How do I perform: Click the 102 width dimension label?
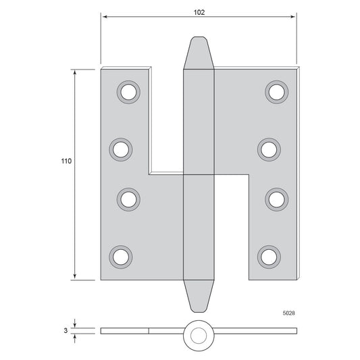click(x=199, y=12)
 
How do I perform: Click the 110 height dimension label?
click(x=66, y=161)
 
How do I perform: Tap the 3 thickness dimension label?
click(x=66, y=330)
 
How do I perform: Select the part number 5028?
click(x=289, y=313)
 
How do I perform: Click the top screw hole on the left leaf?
click(x=128, y=92)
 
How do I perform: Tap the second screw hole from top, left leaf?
click(x=121, y=150)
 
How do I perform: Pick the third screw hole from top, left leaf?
click(x=128, y=199)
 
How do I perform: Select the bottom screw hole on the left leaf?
click(x=121, y=257)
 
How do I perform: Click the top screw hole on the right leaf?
click(x=277, y=92)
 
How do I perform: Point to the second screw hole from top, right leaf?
click(x=269, y=150)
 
